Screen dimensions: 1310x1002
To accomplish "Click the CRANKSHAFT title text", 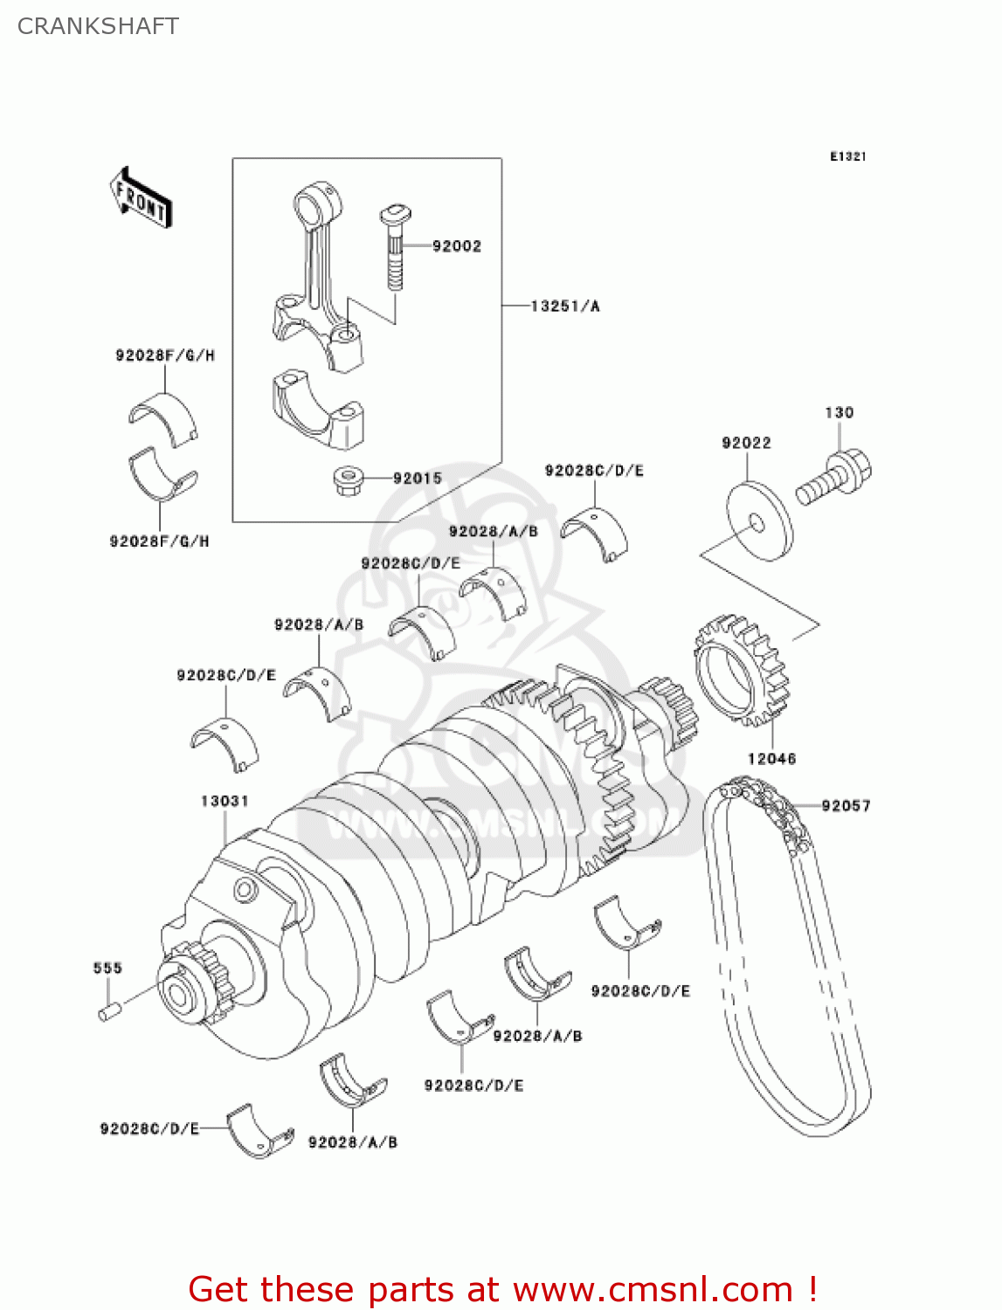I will click(x=98, y=26).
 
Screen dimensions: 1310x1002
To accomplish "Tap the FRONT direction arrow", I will click(x=141, y=198).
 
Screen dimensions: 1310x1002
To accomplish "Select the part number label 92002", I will click(x=456, y=246).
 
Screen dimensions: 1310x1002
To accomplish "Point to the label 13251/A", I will click(x=565, y=306).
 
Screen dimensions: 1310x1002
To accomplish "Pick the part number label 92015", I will click(x=417, y=479).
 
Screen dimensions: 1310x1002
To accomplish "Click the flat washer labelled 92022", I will click(x=759, y=522).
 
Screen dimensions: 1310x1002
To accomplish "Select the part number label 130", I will click(x=839, y=412).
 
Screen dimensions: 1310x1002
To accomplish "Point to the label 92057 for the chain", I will click(x=846, y=805).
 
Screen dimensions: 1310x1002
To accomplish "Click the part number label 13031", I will click(x=225, y=801).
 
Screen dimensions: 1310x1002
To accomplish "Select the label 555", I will click(x=107, y=968).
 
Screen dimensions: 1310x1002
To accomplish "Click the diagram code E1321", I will click(x=847, y=156).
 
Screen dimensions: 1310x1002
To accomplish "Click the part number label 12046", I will click(x=771, y=758).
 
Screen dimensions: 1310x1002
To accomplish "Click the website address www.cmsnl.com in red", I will click(x=653, y=1289).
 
